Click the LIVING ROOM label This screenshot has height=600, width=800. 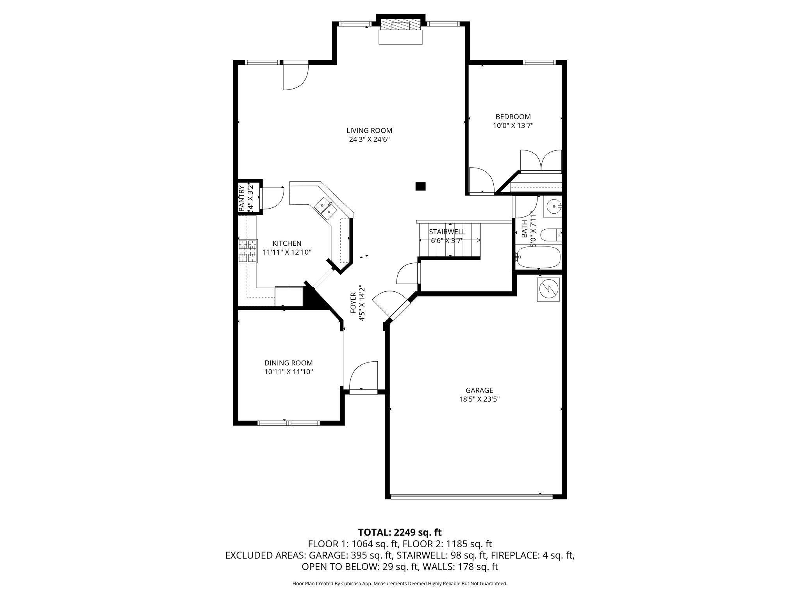pyautogui.click(x=369, y=130)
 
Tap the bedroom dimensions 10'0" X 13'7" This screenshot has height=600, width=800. pyautogui.click(x=513, y=125)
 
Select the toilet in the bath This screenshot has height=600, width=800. pyautogui.click(x=551, y=235)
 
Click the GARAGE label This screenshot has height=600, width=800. pyautogui.click(x=479, y=390)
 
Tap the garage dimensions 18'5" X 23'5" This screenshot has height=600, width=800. pyautogui.click(x=479, y=399)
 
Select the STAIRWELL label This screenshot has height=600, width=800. pyautogui.click(x=447, y=232)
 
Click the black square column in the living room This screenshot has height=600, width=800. pyautogui.click(x=420, y=186)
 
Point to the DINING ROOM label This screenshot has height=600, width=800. pyautogui.click(x=288, y=363)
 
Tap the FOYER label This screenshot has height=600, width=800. pyautogui.click(x=353, y=303)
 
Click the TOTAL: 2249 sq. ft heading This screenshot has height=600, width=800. pyautogui.click(x=400, y=532)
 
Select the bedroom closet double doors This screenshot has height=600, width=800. pyautogui.click(x=541, y=161)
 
